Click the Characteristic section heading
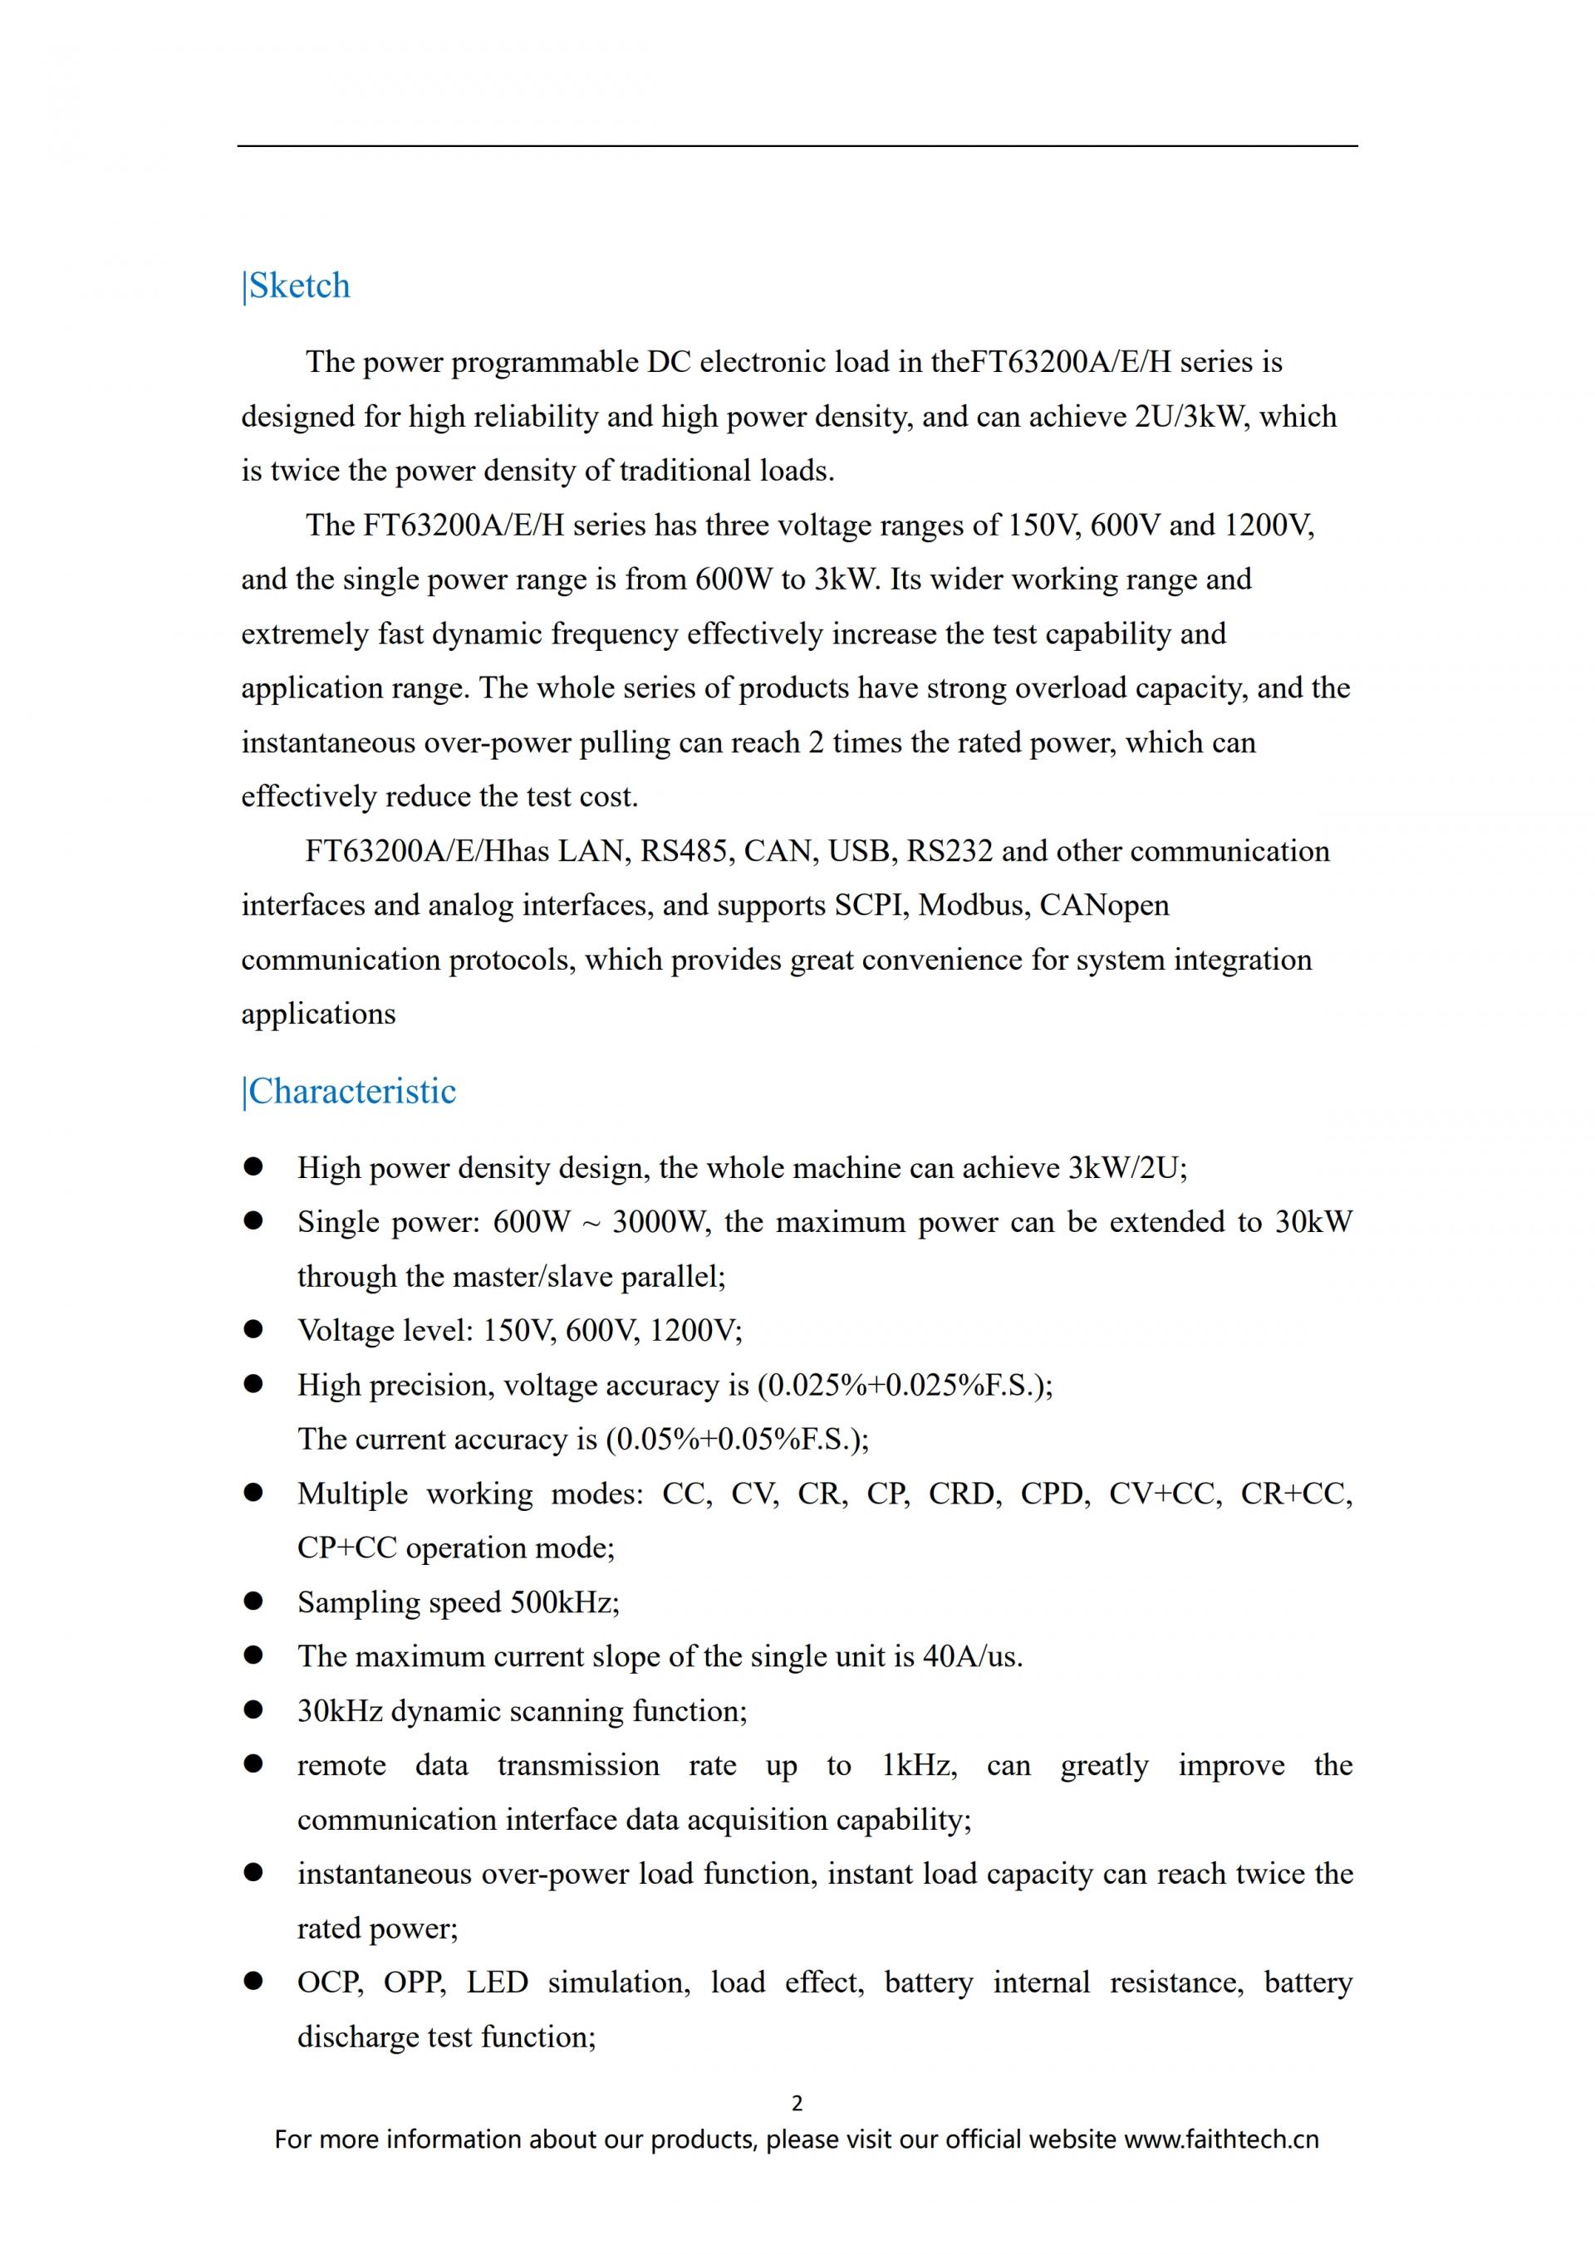click(351, 1092)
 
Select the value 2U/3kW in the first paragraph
click(1192, 416)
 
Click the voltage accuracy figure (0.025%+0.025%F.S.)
click(904, 1384)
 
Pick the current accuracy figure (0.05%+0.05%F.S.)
click(737, 1440)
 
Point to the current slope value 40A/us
click(972, 1656)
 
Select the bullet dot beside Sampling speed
click(253, 1601)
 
